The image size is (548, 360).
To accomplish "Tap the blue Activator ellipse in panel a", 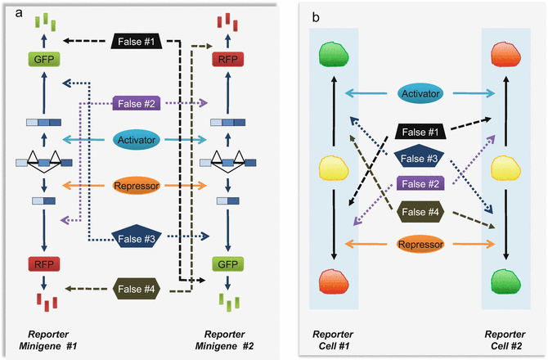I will click(135, 141).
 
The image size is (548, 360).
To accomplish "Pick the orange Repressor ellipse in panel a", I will click(135, 186).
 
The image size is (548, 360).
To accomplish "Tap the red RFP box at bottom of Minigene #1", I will click(39, 265).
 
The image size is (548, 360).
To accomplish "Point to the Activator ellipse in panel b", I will click(423, 94).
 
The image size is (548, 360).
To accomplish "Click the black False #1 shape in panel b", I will click(423, 131).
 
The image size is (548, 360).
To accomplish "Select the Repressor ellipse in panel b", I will click(423, 243).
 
